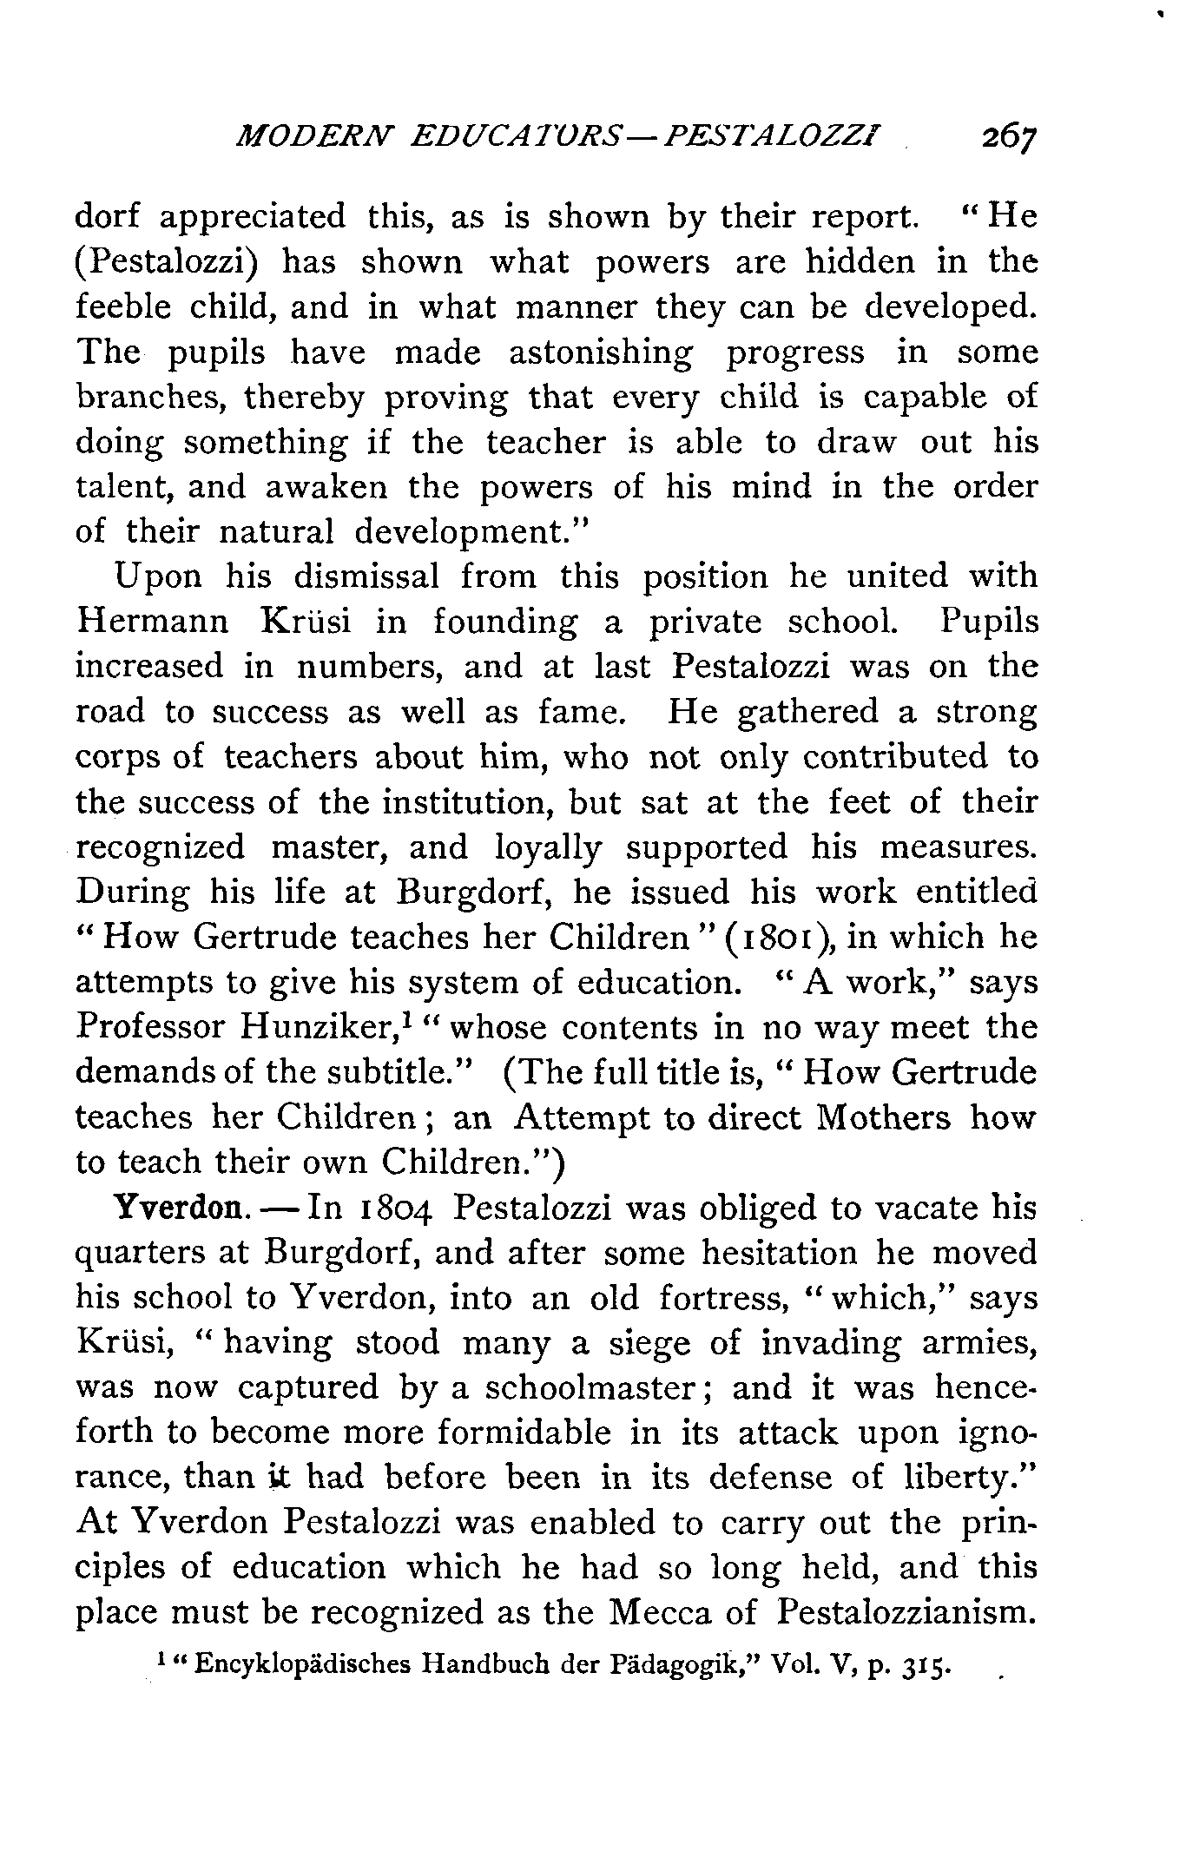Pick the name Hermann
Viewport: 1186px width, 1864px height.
click(x=154, y=622)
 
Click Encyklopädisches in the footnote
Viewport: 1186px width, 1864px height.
click(x=303, y=1667)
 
